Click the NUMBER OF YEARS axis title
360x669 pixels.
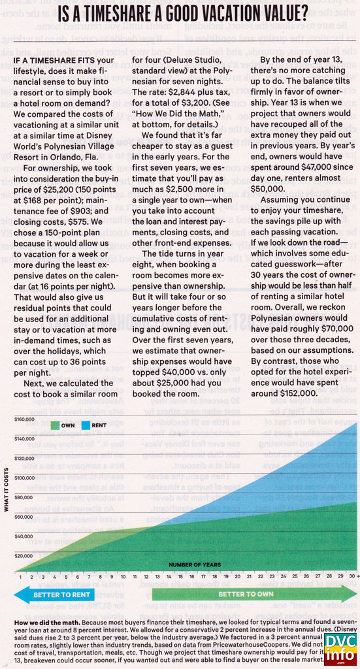click(x=194, y=564)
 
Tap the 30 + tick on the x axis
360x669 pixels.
click(x=352, y=577)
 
